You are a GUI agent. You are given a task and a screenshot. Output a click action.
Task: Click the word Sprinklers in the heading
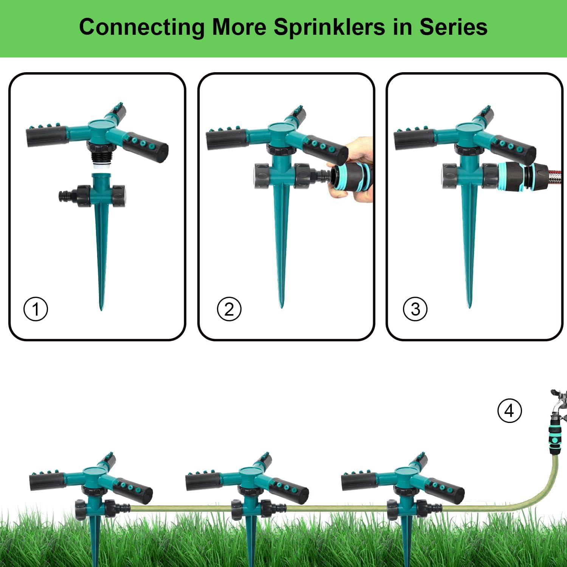(x=329, y=27)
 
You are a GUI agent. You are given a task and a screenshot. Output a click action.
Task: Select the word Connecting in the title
(x=142, y=28)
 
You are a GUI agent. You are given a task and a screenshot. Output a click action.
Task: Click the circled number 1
(x=36, y=309)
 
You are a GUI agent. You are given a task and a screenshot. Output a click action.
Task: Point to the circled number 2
(x=229, y=309)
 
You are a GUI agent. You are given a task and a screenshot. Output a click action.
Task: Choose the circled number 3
(x=415, y=309)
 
